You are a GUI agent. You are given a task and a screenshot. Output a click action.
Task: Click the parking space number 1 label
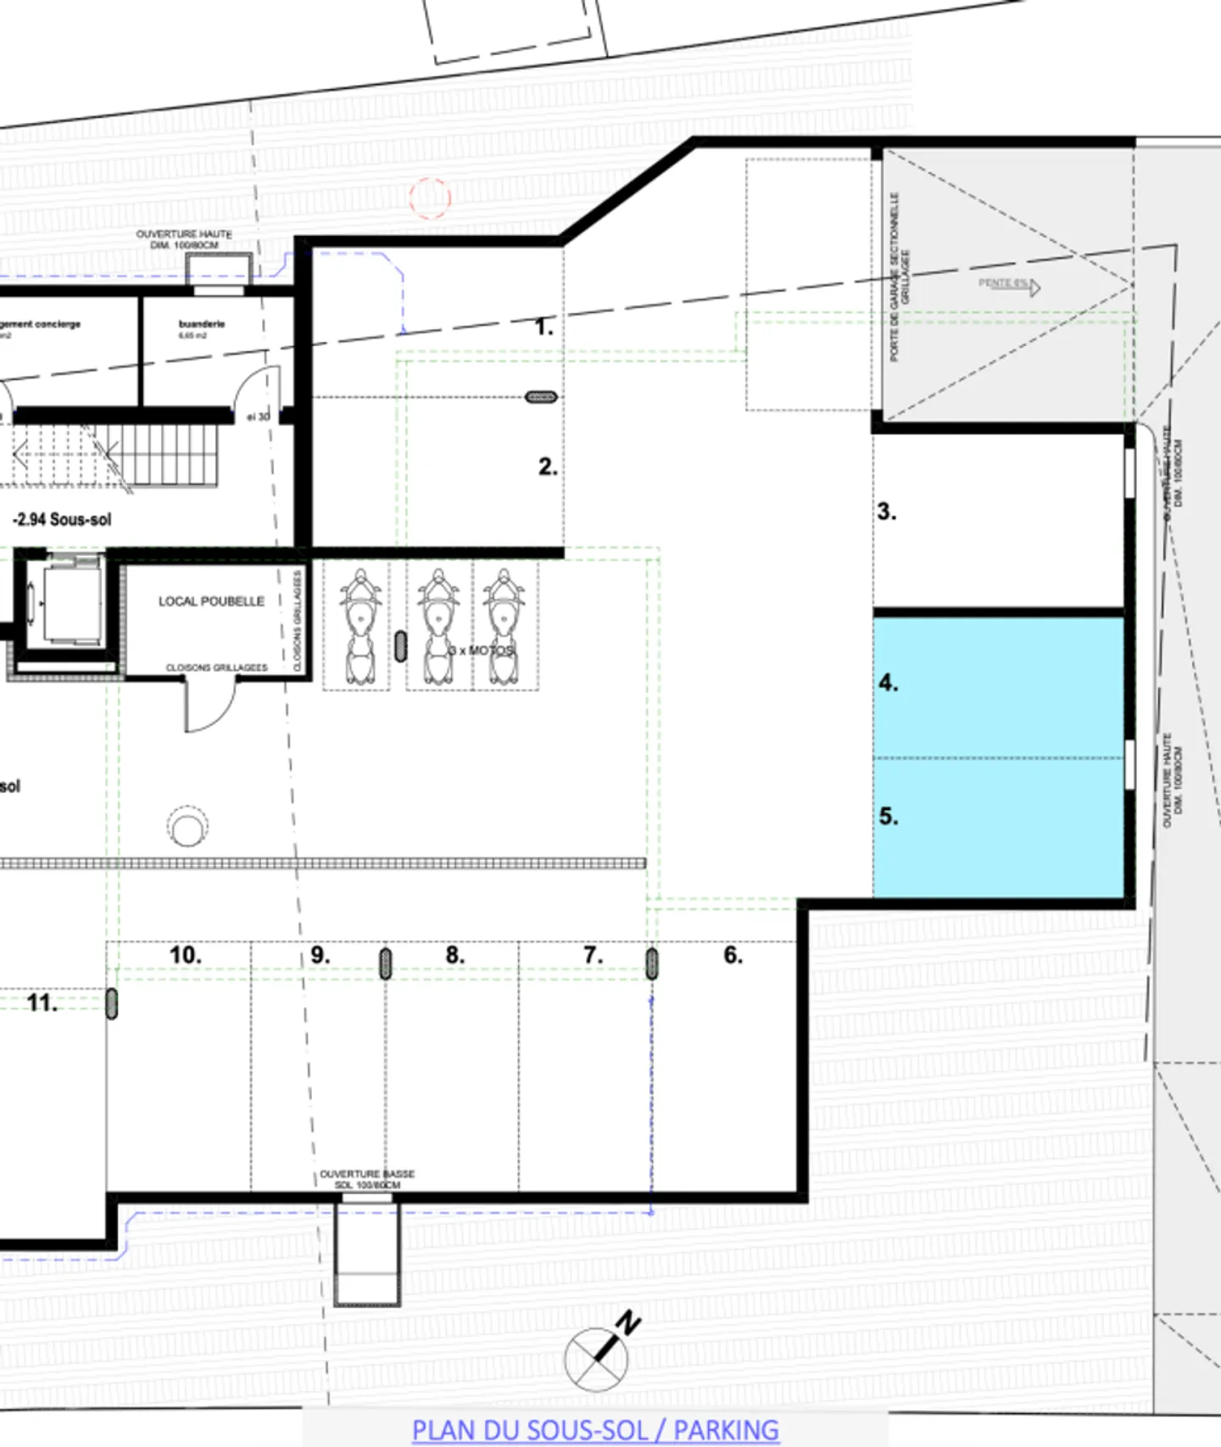tap(544, 327)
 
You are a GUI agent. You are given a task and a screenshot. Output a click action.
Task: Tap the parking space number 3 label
tap(886, 511)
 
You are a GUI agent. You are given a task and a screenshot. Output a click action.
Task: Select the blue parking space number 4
tap(998, 687)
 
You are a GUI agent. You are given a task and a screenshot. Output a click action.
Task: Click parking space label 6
tap(733, 955)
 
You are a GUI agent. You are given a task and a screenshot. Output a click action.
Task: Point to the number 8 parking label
tap(455, 955)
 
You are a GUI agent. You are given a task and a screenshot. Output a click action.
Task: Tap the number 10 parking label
tap(185, 955)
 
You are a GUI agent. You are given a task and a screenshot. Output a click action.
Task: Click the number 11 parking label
tap(42, 1003)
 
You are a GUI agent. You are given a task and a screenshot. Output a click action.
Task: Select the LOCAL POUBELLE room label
tap(211, 601)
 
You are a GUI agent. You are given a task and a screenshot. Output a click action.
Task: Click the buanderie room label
tap(202, 324)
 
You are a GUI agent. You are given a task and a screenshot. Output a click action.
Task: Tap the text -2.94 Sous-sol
tap(62, 519)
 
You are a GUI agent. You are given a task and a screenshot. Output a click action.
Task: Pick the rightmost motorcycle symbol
tap(504, 628)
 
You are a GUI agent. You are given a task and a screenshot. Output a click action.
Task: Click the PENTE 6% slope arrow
tap(1009, 284)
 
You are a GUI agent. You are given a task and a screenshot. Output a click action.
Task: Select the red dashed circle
tap(430, 198)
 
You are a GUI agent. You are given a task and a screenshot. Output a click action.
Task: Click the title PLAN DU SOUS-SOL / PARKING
tap(595, 1429)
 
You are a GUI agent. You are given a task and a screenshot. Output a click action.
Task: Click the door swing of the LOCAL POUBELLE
tap(209, 708)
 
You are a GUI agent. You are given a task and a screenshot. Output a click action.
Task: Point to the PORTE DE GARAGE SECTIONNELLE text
tap(895, 277)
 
